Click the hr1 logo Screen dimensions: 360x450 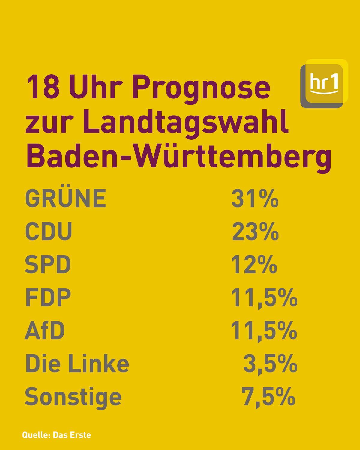(324, 84)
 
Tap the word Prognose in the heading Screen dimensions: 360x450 (201, 89)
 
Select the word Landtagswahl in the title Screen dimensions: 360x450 (186, 124)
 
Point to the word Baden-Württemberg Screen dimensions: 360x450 (179, 158)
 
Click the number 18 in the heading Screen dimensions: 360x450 (43, 87)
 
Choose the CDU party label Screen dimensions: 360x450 (49, 231)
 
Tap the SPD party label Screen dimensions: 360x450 (48, 264)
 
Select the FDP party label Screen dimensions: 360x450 (48, 297)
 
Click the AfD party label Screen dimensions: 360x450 (45, 330)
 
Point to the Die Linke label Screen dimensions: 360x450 (77, 363)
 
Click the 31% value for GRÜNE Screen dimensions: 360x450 (255, 198)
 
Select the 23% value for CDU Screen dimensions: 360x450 (255, 231)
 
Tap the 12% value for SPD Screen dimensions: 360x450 (254, 264)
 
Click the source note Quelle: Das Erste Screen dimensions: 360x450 (56, 435)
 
